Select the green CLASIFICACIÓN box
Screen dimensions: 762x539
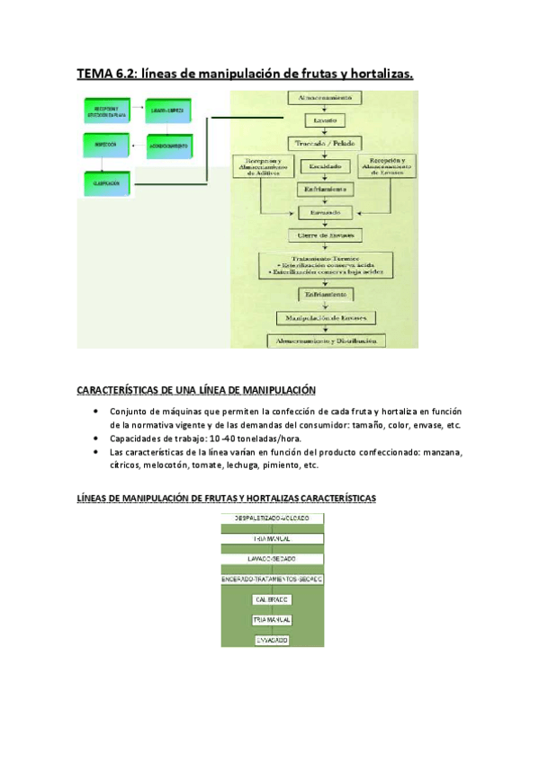101,183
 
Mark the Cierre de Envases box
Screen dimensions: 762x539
325,235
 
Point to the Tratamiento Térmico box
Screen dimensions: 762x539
325,263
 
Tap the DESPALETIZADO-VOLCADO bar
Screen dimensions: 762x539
273,518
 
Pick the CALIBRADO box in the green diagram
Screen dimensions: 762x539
273,600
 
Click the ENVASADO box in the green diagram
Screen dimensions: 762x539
273,640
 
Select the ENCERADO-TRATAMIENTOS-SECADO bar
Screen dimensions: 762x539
273,580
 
